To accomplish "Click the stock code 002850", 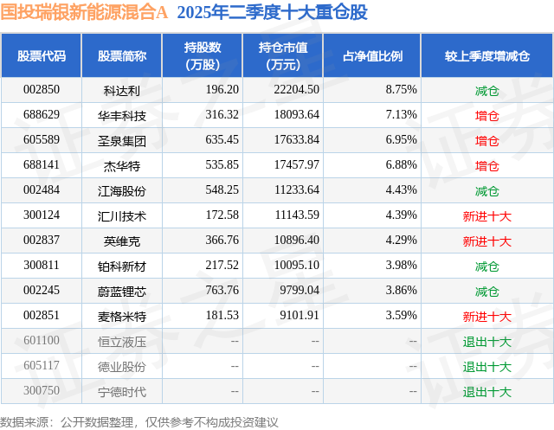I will pos(42,90).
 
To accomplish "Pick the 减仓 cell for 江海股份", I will pos(487,190).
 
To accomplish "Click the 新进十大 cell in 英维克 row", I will pos(487,241).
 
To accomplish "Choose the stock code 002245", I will pos(42,291).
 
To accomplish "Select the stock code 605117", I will pos(42,366).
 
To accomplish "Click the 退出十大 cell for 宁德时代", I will pos(487,391).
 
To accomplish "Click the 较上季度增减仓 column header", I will pos(487,55).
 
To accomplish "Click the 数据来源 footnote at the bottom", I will pos(139,421).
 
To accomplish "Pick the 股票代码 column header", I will pos(42,55).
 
